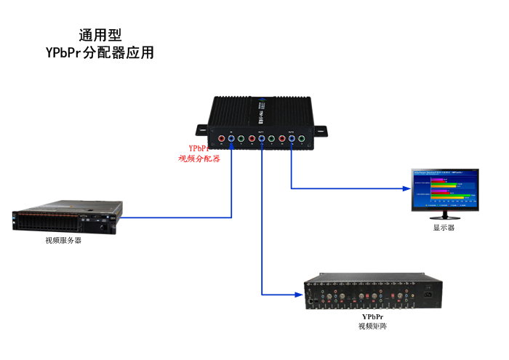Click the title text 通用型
click(x=100, y=35)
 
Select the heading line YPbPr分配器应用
click(x=100, y=53)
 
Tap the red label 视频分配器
click(x=199, y=158)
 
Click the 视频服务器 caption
click(x=63, y=240)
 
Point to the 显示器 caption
click(x=444, y=228)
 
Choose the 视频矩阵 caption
click(x=372, y=327)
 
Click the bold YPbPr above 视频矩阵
click(x=372, y=317)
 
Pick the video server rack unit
click(x=65, y=221)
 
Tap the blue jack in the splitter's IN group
click(x=231, y=138)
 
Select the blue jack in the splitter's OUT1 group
click(x=261, y=138)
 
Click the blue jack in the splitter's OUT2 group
click(x=291, y=138)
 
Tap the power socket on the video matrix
click(x=428, y=295)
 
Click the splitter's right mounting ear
click(x=320, y=131)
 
